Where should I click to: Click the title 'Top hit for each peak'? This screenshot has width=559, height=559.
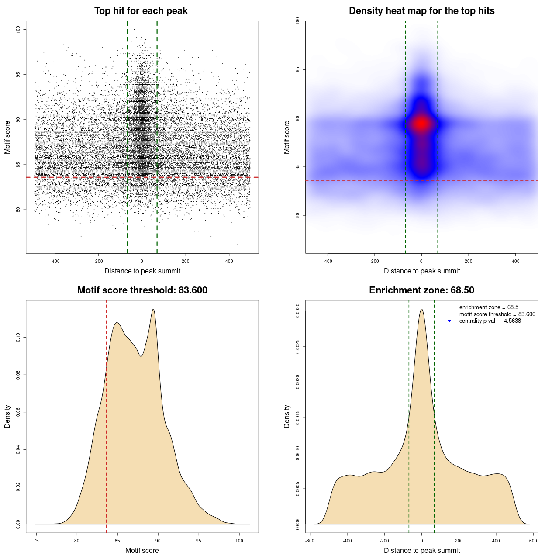(141, 11)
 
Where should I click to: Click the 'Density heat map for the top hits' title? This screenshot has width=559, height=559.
(421, 11)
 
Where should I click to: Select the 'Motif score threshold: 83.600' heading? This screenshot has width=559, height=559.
(142, 290)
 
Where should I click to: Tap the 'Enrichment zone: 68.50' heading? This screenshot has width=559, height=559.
(421, 290)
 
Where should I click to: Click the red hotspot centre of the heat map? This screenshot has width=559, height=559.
(421, 124)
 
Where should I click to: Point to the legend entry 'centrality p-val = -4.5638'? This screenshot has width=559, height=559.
(490, 321)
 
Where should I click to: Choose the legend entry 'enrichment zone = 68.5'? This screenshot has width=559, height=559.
(489, 307)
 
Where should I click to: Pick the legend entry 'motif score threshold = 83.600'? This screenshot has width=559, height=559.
(497, 314)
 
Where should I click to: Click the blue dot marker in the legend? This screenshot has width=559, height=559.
(449, 321)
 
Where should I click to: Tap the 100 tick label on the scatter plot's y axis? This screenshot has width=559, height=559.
(18, 29)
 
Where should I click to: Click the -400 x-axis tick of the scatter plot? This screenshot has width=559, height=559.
(55, 261)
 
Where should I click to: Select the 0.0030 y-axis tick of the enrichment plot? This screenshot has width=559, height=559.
(297, 311)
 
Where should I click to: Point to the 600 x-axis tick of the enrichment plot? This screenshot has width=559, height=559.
(533, 541)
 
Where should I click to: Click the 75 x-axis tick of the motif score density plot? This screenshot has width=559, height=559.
(36, 541)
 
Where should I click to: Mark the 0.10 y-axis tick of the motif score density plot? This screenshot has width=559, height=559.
(18, 337)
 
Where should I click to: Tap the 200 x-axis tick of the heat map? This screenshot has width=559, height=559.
(468, 261)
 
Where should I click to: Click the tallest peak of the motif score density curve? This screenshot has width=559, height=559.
(153, 309)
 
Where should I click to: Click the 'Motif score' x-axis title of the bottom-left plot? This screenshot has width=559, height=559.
(142, 550)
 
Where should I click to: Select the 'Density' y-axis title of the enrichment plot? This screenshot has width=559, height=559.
(287, 416)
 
